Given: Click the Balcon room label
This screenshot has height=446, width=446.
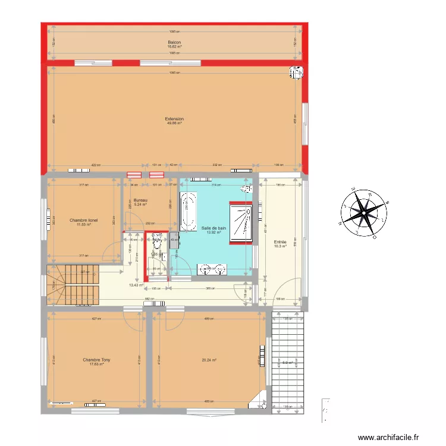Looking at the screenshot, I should pyautogui.click(x=174, y=42).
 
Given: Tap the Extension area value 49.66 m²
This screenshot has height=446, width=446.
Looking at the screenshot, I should pyautogui.click(x=174, y=123).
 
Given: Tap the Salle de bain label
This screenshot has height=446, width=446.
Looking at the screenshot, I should pyautogui.click(x=214, y=228).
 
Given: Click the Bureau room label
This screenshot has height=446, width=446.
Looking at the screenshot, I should pyautogui.click(x=140, y=200).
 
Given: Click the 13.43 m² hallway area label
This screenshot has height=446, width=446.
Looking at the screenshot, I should pyautogui.click(x=136, y=285).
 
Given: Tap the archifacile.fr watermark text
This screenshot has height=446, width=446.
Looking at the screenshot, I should pyautogui.click(x=392, y=436).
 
